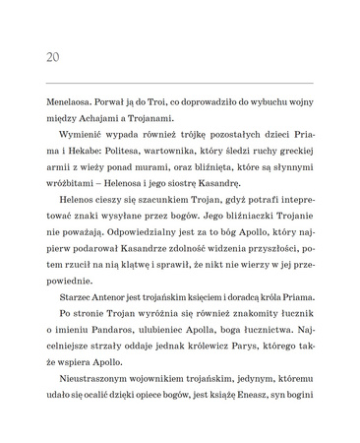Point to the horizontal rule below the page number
point(180,83)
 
